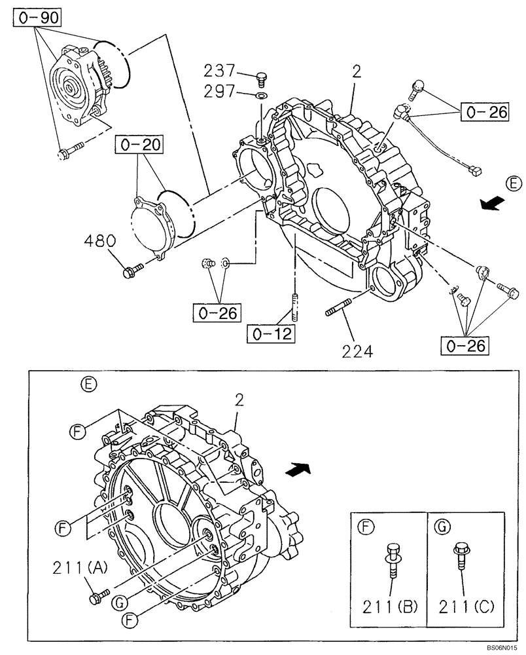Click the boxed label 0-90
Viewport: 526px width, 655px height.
point(36,18)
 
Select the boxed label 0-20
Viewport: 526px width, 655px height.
point(139,143)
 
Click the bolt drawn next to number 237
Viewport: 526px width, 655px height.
point(262,78)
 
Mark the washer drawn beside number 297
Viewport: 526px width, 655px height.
point(262,97)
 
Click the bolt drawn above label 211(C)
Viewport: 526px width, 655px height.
point(461,556)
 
